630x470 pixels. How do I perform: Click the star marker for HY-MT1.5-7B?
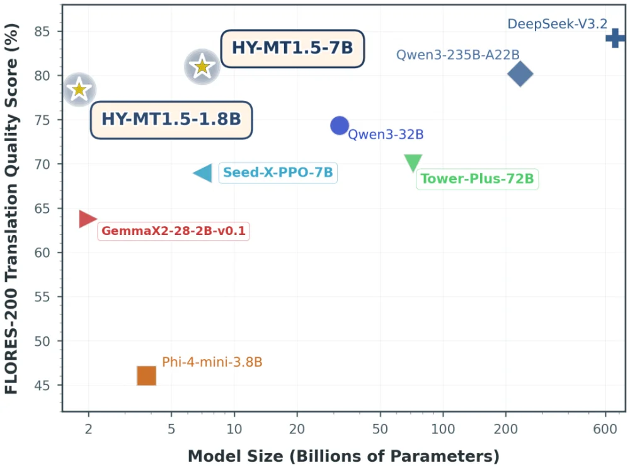pyautogui.click(x=202, y=66)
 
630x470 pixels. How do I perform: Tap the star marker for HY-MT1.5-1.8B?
pyautogui.click(x=79, y=89)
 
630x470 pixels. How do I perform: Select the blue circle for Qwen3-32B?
pyautogui.click(x=340, y=125)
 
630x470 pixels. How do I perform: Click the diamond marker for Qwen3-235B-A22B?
pyautogui.click(x=520, y=74)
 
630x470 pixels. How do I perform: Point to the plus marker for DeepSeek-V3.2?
pyautogui.click(x=616, y=38)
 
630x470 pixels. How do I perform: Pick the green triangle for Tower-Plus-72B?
pyautogui.click(x=413, y=162)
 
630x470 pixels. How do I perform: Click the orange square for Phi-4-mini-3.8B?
pyautogui.click(x=146, y=375)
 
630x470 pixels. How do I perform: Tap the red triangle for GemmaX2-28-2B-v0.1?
pyautogui.click(x=87, y=219)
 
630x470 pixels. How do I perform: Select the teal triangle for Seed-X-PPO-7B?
pyautogui.click(x=203, y=173)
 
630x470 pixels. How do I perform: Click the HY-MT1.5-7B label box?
pyautogui.click(x=292, y=48)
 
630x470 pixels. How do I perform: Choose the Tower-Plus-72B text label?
pyautogui.click(x=477, y=179)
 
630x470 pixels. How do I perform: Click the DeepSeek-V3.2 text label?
pyautogui.click(x=557, y=24)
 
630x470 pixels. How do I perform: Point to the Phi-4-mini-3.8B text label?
pyautogui.click(x=212, y=362)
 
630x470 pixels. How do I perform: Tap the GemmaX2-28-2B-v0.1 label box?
pyautogui.click(x=173, y=231)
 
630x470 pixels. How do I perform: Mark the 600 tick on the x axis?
pyautogui.click(x=605, y=429)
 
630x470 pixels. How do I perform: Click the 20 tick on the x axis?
pyautogui.click(x=297, y=429)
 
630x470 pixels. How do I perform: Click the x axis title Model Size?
pyautogui.click(x=343, y=456)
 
